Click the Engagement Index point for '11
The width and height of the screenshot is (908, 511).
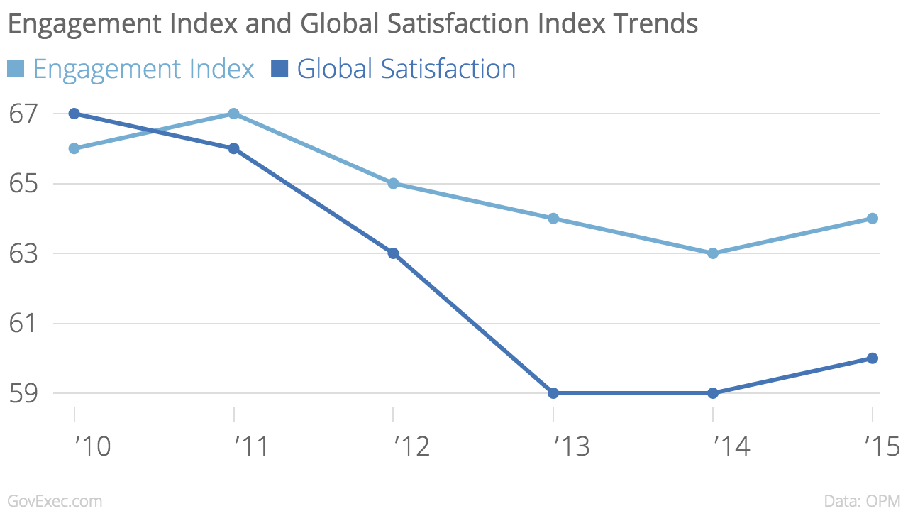tap(234, 114)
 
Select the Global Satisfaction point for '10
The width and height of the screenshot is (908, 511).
tap(74, 114)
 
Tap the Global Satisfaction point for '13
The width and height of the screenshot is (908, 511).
tap(553, 393)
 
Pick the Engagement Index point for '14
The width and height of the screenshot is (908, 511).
tap(713, 253)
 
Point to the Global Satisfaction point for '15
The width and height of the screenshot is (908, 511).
tap(873, 358)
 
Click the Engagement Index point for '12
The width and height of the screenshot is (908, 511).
tap(394, 184)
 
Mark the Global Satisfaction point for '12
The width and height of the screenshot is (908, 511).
tap(394, 253)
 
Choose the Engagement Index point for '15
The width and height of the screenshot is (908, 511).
tap(873, 219)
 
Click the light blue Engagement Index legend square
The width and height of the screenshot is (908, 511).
tap(16, 69)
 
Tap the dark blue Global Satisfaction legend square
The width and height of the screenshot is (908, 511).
tap(279, 69)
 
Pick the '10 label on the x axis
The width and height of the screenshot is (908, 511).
tap(92, 446)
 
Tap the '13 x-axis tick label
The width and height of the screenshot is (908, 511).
tap(571, 446)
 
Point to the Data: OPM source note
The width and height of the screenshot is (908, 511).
tap(863, 501)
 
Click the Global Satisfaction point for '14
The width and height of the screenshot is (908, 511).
tap(713, 393)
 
